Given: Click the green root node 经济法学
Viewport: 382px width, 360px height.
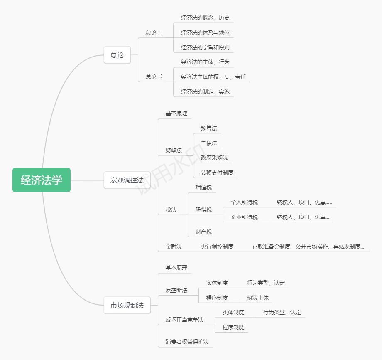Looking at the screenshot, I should pyautogui.click(x=42, y=180).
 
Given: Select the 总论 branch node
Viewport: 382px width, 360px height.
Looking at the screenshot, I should pyautogui.click(x=117, y=55).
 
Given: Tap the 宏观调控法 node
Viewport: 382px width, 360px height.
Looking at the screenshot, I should pyautogui.click(x=127, y=180).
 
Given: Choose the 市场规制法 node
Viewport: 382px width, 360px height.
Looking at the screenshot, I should pyautogui.click(x=127, y=305).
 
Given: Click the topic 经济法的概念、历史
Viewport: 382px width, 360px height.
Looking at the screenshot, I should pyautogui.click(x=205, y=18).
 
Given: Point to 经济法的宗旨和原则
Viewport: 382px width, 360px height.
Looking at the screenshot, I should pyautogui.click(x=205, y=47).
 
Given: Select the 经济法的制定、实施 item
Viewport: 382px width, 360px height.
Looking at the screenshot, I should pyautogui.click(x=205, y=91).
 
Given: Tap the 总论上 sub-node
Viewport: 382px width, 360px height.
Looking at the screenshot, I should pyautogui.click(x=154, y=32).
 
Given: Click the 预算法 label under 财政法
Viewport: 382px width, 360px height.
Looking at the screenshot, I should pyautogui.click(x=209, y=128).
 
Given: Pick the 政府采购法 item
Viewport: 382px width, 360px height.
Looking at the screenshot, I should pyautogui.click(x=214, y=158).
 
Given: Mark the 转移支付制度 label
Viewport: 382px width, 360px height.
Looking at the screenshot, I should pyautogui.click(x=217, y=173).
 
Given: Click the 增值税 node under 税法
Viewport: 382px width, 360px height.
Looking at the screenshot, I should pyautogui.click(x=203, y=187).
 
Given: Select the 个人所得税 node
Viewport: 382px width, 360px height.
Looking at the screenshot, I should pyautogui.click(x=244, y=202).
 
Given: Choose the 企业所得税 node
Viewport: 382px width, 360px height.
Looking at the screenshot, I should pyautogui.click(x=244, y=217).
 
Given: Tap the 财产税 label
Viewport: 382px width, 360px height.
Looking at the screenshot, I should pyautogui.click(x=203, y=232).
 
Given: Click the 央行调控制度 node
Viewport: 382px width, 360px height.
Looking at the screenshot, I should pyautogui.click(x=217, y=247).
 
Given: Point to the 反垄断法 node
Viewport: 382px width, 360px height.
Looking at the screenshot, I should pyautogui.click(x=176, y=290).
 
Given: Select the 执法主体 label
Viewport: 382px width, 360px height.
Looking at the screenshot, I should pyautogui.click(x=258, y=298).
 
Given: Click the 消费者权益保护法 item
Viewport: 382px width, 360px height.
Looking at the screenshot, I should pyautogui.click(x=187, y=342).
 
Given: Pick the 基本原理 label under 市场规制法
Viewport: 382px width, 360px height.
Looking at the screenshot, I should pyautogui.click(x=176, y=268).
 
